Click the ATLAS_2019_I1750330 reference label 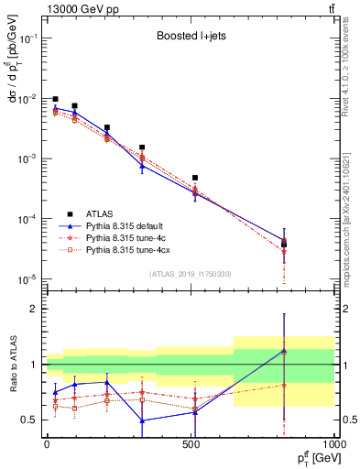pos(191,274)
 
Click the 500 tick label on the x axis pos(191,445)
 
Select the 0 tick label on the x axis pos(47,445)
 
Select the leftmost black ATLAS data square pos(55,99)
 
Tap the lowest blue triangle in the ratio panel pos(142,420)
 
